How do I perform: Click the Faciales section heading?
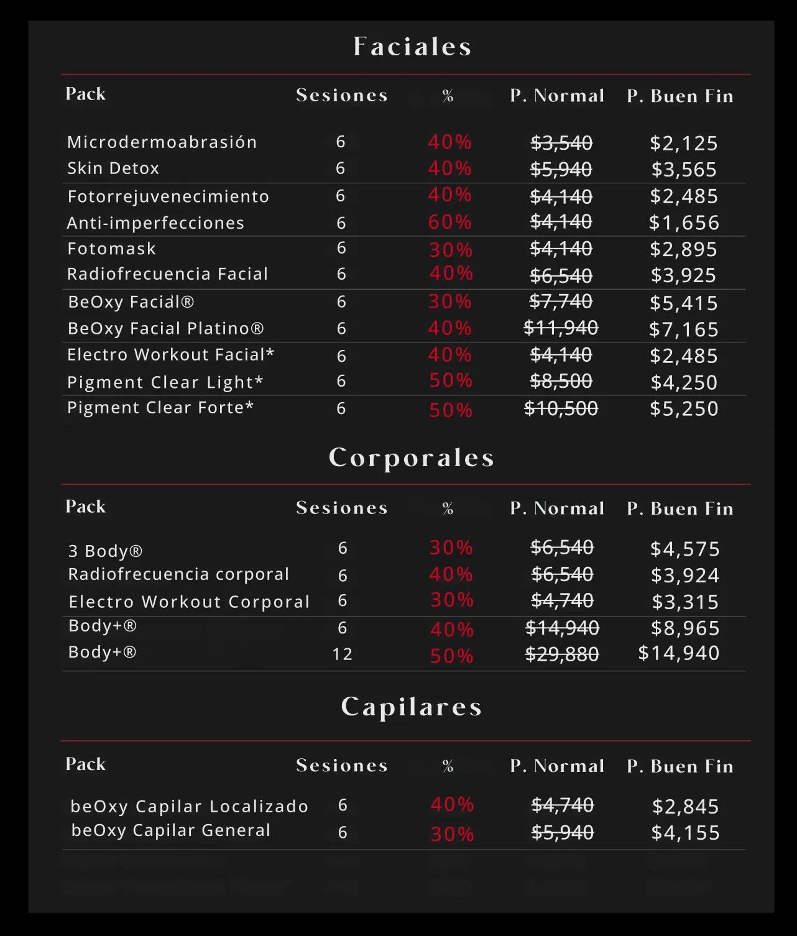pos(412,47)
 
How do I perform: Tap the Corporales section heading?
pos(412,458)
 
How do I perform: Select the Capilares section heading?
pos(412,707)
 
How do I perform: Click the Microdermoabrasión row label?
pos(162,142)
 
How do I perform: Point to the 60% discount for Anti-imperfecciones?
pos(450,222)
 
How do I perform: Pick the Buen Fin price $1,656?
pos(684,223)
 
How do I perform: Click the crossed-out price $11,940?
pos(561,328)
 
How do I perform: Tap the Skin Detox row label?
pos(113,168)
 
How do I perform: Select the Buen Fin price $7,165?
pos(684,329)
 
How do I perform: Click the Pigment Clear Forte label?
pos(160,408)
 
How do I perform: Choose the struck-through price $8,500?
pos(561,381)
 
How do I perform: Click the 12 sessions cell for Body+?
pos(343,654)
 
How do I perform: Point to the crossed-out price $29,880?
pos(562,654)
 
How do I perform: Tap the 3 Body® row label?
pos(106,551)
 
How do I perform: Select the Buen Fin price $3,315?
pos(685,602)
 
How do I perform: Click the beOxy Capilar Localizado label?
pos(189,806)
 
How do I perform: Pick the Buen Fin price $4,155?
pos(685,833)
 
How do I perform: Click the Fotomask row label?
pos(112,249)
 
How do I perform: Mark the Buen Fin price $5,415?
pos(684,303)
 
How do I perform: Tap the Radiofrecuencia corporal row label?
pos(178,574)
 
